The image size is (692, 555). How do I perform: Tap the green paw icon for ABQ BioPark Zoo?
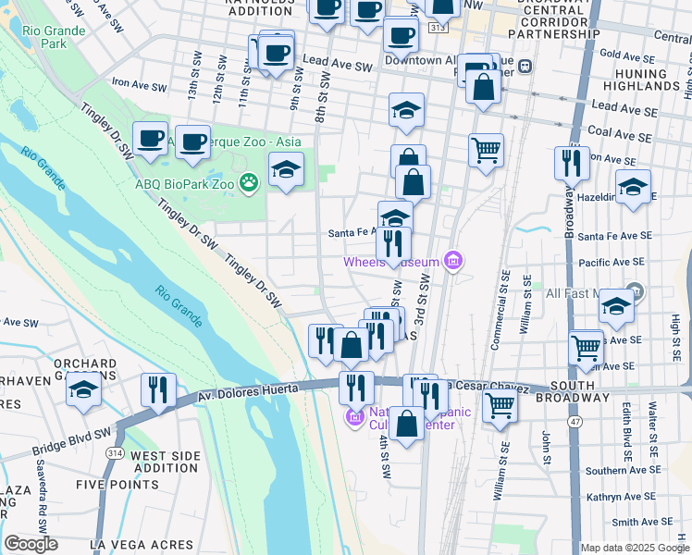point(248,182)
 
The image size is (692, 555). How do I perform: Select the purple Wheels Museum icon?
point(452,262)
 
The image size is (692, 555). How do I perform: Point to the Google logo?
point(31,544)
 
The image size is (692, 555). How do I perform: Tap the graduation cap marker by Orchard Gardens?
point(84,388)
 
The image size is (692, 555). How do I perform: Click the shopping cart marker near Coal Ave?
point(486,149)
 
